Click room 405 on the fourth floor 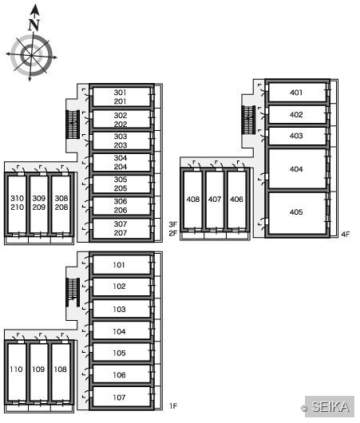tap(297, 212)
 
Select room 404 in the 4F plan tap(297, 169)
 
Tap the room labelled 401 tap(297, 93)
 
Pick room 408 tap(192, 200)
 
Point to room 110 tap(17, 370)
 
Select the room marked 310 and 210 tap(17, 203)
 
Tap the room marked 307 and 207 tap(121, 228)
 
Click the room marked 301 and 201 tap(121, 97)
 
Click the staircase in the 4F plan tap(248, 120)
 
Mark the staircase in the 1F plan tap(73, 292)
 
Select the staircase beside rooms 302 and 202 tap(73, 125)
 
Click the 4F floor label tap(346, 234)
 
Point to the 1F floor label tap(173, 405)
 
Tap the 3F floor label tap(173, 224)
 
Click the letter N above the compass tap(34, 25)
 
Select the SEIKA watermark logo tap(330, 407)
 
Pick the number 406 tap(236, 200)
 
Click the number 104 tap(119, 331)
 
